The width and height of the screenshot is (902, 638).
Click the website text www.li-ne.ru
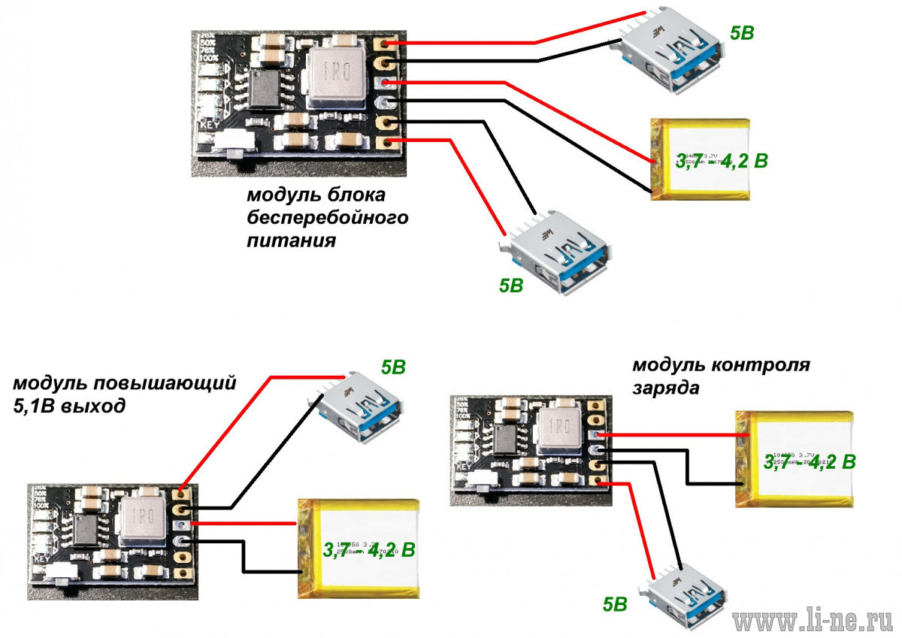(x=815, y=621)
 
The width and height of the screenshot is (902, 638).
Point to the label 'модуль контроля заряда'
(x=721, y=376)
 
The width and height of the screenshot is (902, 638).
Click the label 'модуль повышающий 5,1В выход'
(x=124, y=395)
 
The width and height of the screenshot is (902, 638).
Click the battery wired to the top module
(x=701, y=159)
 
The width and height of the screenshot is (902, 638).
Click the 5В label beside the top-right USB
(x=743, y=33)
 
